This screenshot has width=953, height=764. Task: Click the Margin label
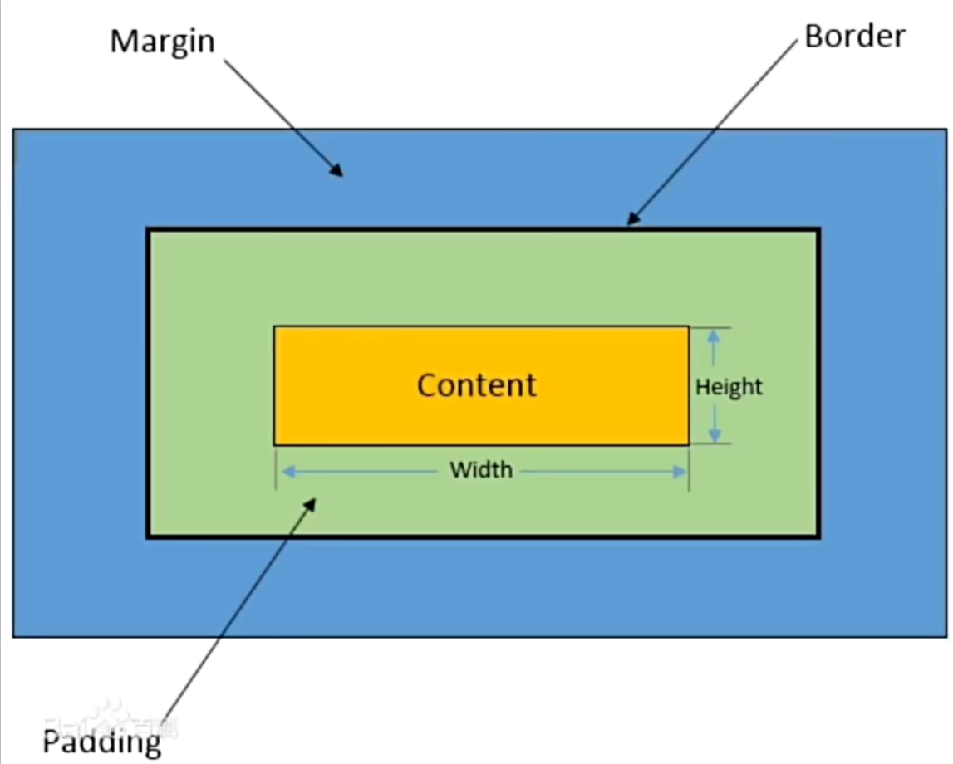[162, 41]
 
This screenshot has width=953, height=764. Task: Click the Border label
[854, 37]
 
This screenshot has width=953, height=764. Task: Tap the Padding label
[101, 741]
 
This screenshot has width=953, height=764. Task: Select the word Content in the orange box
[476, 385]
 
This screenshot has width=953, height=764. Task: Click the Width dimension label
[481, 470]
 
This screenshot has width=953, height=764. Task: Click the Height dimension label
[729, 387]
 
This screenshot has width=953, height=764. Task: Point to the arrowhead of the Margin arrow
[337, 171]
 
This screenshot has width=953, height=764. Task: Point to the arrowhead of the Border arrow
[631, 220]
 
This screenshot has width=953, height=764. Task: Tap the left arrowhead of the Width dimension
[285, 472]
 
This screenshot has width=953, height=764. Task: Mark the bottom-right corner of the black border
[818, 536]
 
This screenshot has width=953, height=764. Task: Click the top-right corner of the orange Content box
[688, 326]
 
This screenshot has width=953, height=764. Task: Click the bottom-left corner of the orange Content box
[275, 444]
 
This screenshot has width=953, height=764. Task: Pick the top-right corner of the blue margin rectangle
[946, 130]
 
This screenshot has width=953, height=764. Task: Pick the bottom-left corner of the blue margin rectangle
[13, 636]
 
